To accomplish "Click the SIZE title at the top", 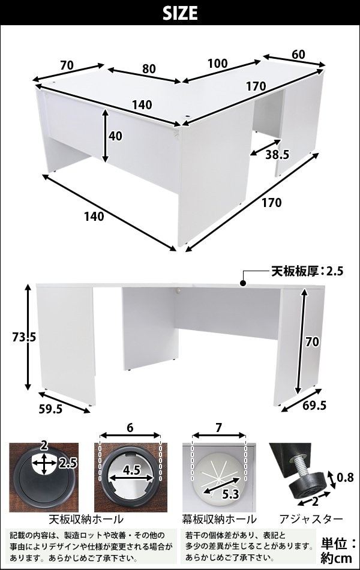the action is point(180,13).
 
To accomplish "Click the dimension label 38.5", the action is point(277,155).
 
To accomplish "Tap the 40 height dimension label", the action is point(116,136).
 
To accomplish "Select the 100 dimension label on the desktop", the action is point(218,63).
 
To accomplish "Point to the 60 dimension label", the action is point(298,54).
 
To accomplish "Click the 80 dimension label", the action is point(149,69).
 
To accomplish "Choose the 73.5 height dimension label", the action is point(24,337).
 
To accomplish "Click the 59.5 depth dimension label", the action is point(50,409).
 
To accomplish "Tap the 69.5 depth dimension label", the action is point(314,405).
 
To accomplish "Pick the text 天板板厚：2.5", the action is point(307,271).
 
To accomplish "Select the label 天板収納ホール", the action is point(86,519).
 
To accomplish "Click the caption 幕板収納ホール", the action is point(219,519).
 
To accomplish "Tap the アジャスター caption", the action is point(311,519).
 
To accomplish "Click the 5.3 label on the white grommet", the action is point(230,494).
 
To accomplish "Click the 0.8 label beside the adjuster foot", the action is point(345,477).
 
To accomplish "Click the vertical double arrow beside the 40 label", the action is point(105,136).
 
